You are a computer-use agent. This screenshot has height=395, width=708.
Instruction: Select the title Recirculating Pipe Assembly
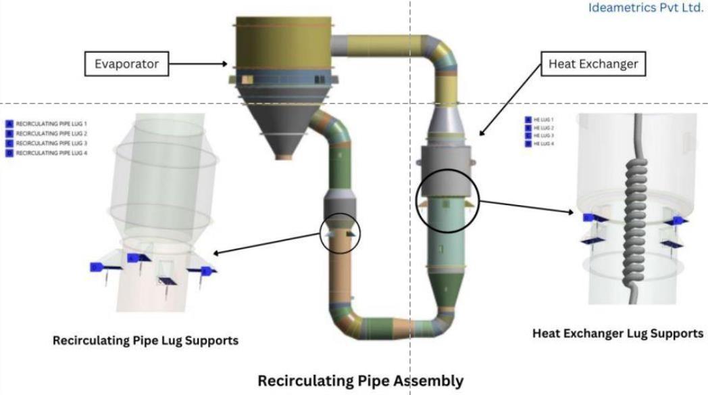(x=361, y=381)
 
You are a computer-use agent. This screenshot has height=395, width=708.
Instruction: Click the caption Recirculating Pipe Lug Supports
(x=145, y=341)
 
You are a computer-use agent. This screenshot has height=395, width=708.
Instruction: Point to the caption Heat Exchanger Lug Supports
(x=617, y=333)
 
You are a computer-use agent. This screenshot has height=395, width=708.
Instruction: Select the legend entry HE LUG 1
(x=540, y=120)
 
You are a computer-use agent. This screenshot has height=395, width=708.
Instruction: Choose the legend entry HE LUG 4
(x=540, y=143)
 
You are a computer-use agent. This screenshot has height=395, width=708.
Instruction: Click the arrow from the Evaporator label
(x=198, y=65)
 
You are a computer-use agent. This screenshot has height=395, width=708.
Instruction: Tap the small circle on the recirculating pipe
(x=340, y=233)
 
